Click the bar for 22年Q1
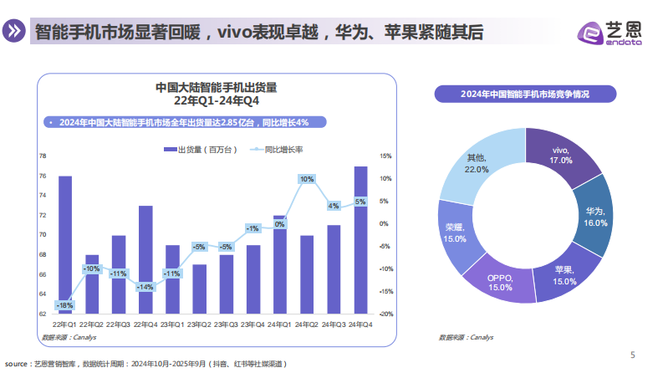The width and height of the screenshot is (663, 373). coord(64,243)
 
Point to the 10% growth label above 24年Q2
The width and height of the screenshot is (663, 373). coord(307,179)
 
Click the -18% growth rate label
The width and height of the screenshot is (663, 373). coord(64,305)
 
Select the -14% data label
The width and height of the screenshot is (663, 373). coord(145,287)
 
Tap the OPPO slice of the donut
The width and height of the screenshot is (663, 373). coord(500,282)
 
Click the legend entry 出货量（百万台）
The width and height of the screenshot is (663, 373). coord(201,149)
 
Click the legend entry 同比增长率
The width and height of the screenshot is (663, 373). coord(280,149)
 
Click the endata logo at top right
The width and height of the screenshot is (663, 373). coord(610,32)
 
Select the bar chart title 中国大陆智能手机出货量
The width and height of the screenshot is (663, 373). coord(216,87)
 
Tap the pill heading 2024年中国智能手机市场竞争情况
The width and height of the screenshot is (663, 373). coord(524,94)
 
